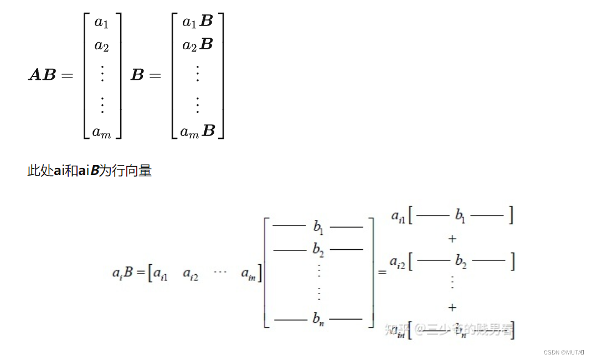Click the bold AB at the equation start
(x=42, y=75)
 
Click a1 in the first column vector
(x=101, y=23)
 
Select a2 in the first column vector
(x=101, y=46)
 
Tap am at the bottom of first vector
(x=101, y=132)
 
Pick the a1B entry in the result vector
(x=198, y=22)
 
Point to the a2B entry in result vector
(x=198, y=45)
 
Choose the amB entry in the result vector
(x=198, y=131)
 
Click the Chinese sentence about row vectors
(x=89, y=171)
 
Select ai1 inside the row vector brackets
(x=161, y=274)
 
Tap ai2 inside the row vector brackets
(x=191, y=274)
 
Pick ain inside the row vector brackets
(x=249, y=273)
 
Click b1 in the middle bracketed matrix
(x=318, y=227)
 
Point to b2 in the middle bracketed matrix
(x=318, y=250)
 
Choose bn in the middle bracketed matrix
(x=318, y=319)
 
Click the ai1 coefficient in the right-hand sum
(x=398, y=217)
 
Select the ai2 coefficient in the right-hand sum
(x=397, y=262)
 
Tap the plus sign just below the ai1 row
(x=452, y=238)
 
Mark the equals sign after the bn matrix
(x=382, y=272)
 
